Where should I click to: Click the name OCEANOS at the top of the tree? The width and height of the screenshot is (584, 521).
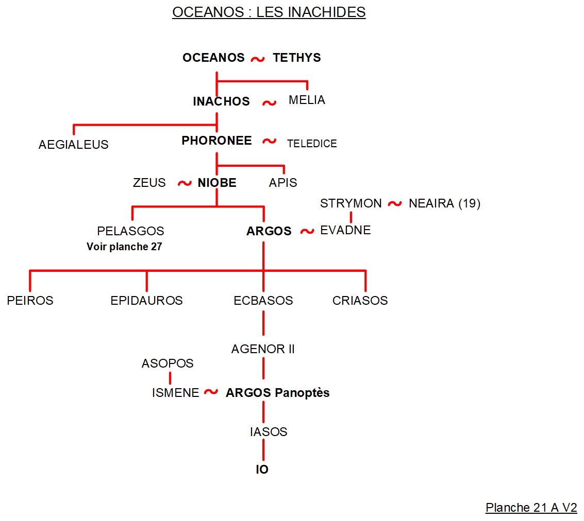click(213, 58)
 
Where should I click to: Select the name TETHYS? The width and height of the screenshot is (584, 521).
click(297, 58)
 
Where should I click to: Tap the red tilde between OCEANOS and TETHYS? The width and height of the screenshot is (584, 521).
click(258, 59)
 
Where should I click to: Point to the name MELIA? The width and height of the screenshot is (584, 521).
click(307, 100)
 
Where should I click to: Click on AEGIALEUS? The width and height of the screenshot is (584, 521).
click(73, 145)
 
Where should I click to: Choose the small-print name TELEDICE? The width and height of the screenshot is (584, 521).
click(312, 144)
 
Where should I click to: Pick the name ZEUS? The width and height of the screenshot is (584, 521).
click(149, 183)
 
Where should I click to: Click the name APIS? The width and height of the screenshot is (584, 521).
click(283, 183)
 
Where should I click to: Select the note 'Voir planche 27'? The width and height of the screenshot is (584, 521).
click(124, 247)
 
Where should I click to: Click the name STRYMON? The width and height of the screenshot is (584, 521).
click(351, 203)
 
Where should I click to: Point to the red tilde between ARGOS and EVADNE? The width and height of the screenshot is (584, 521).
click(307, 231)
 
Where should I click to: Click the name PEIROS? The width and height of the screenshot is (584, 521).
click(30, 300)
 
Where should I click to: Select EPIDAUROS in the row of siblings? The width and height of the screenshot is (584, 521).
click(146, 300)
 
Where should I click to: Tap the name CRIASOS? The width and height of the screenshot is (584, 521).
click(360, 300)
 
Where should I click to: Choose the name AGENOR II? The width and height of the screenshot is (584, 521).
click(263, 349)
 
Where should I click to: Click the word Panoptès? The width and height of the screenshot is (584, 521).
click(302, 393)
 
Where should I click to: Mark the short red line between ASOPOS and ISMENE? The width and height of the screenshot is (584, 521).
click(170, 378)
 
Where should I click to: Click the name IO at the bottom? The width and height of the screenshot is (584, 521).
click(262, 470)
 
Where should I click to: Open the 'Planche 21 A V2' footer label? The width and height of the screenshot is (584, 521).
click(531, 508)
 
